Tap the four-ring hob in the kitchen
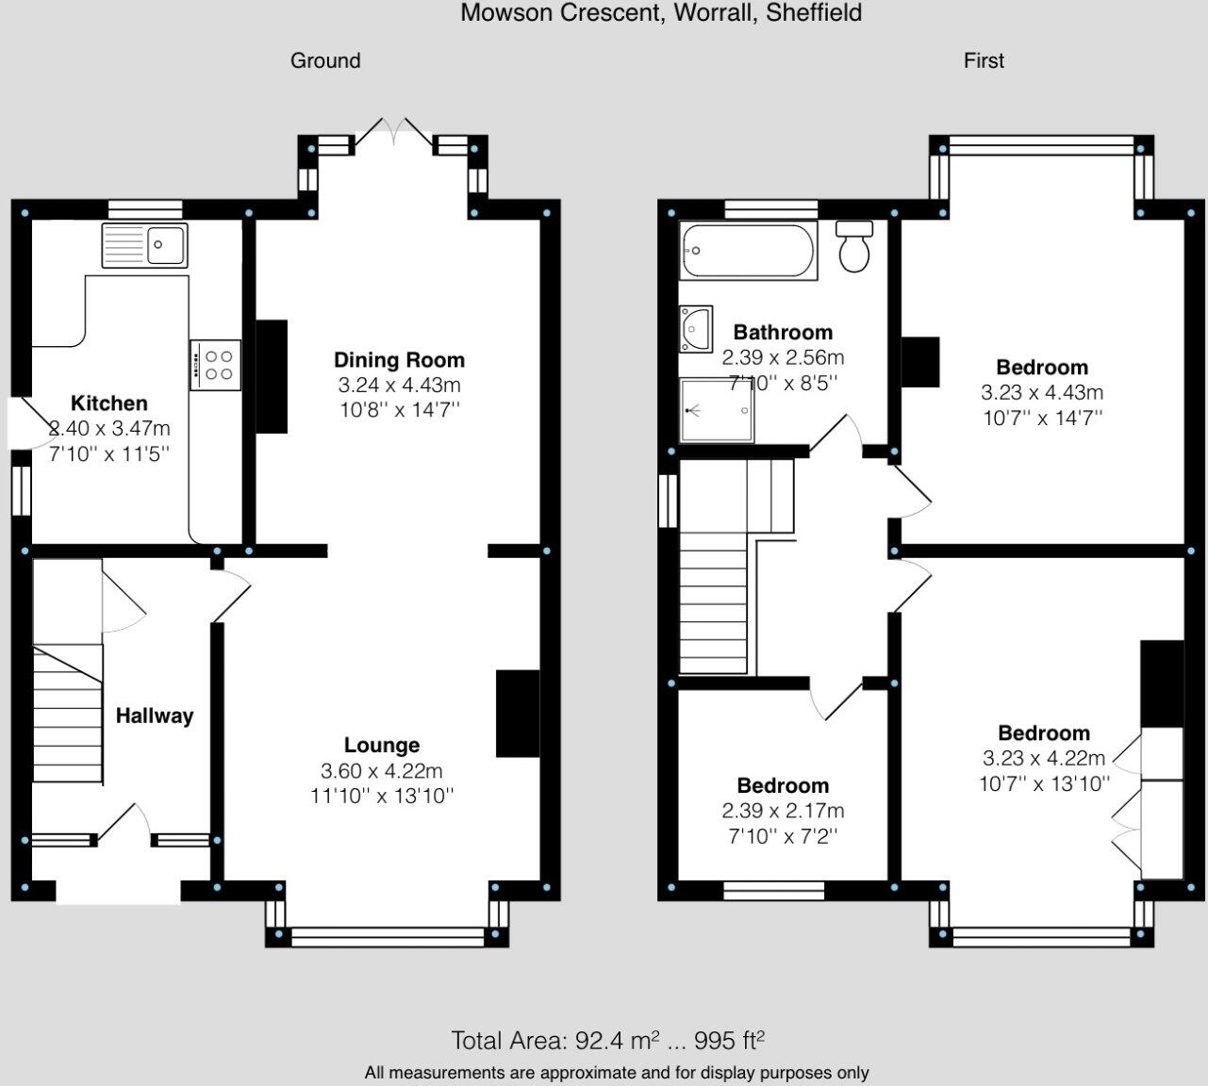click(215, 365)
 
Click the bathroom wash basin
click(696, 329)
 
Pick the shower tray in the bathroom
click(717, 410)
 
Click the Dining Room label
click(399, 360)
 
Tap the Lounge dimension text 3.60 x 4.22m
click(381, 770)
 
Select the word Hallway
click(155, 716)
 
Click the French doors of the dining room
click(394, 132)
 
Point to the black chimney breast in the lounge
click(518, 714)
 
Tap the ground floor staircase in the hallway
click(68, 713)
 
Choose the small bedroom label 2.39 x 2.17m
click(783, 811)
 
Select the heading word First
click(984, 61)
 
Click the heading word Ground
click(325, 61)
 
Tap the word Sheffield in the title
click(814, 13)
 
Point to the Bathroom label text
click(783, 332)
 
